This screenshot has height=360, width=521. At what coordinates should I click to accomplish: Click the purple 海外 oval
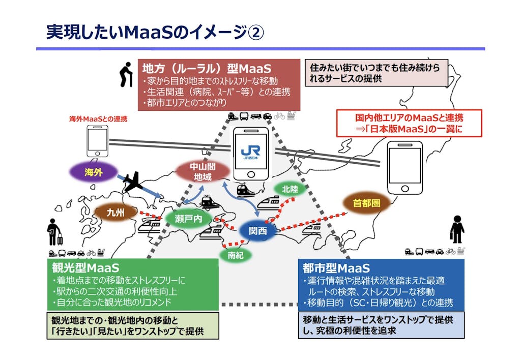pyautogui.click(x=94, y=172)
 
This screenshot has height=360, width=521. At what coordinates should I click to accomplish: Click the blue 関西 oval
pyautogui.click(x=257, y=230)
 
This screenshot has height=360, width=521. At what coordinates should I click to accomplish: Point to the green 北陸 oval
pyautogui.click(x=290, y=189)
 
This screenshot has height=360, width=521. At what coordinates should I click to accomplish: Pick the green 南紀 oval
pyautogui.click(x=236, y=255)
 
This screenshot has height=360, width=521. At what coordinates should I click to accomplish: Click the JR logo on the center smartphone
pyautogui.click(x=250, y=151)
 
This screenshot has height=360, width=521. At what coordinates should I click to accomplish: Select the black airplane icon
pyautogui.click(x=133, y=182)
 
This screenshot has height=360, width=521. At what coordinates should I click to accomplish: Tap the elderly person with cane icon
pyautogui.click(x=125, y=75)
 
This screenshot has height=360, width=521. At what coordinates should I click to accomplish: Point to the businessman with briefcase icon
pyautogui.click(x=456, y=229)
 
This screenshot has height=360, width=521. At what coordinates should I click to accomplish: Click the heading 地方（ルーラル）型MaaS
pyautogui.click(x=207, y=68)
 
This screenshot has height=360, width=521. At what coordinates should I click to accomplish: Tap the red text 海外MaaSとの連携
pyautogui.click(x=98, y=119)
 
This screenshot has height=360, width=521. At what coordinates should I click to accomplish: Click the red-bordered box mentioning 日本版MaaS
pyautogui.click(x=409, y=124)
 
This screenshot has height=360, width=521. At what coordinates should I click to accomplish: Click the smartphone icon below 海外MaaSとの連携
pyautogui.click(x=97, y=141)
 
